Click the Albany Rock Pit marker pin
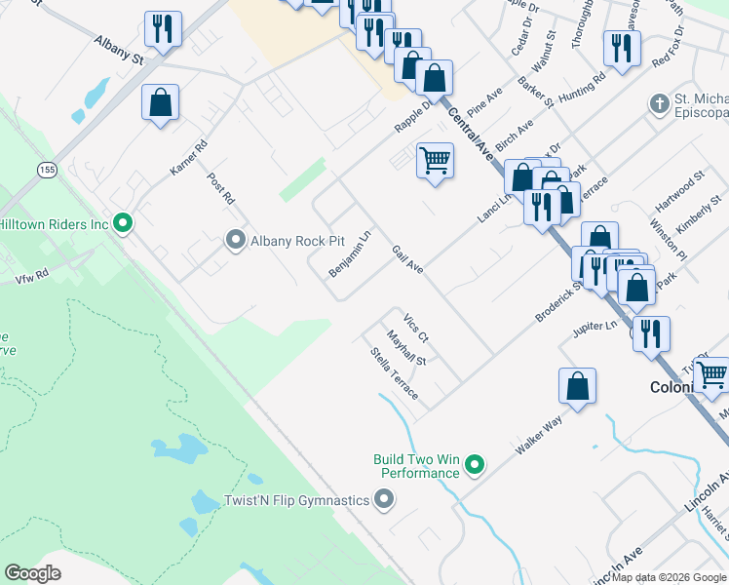click(x=235, y=240)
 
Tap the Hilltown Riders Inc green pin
click(x=122, y=224)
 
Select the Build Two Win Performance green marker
click(x=475, y=465)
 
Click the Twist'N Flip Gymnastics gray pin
click(x=383, y=500)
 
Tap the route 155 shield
click(x=46, y=171)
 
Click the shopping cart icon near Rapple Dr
click(x=435, y=159)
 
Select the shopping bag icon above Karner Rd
click(x=160, y=102)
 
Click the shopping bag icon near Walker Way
click(x=577, y=385)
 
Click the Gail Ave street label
click(x=407, y=259)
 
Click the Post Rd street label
click(x=221, y=188)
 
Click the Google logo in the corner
click(x=32, y=573)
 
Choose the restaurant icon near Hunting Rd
click(x=620, y=48)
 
